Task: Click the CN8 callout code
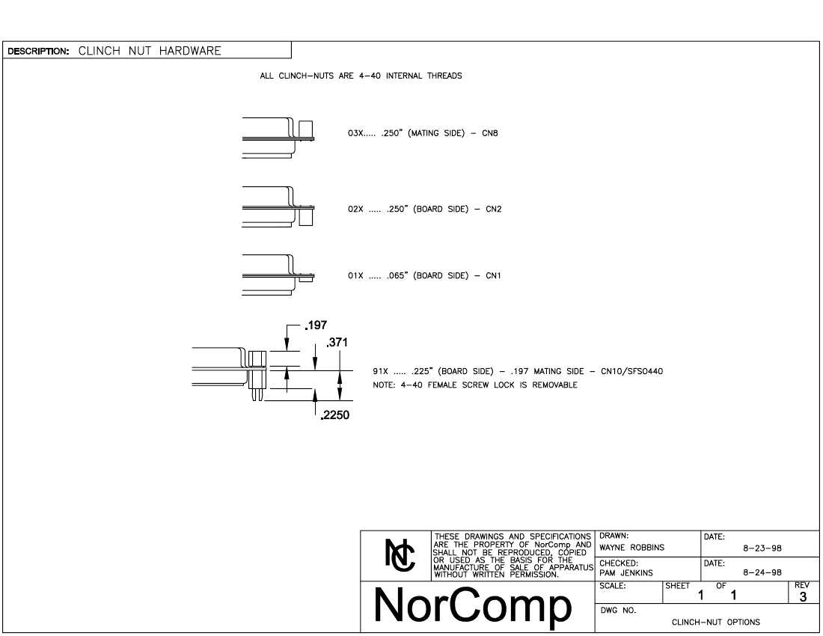click(490, 133)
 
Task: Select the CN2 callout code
click(493, 209)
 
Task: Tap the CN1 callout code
click(493, 275)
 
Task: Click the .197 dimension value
click(316, 325)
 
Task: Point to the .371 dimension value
click(337, 343)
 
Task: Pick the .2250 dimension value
click(335, 415)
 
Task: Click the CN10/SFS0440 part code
click(632, 372)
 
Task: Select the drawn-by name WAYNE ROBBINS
click(632, 547)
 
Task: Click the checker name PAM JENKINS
click(626, 573)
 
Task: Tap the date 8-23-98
click(762, 548)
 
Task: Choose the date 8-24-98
click(762, 573)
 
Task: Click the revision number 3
click(803, 596)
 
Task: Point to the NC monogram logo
click(400, 555)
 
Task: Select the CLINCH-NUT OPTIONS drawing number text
click(716, 623)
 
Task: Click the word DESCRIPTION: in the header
click(38, 52)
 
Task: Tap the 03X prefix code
click(355, 133)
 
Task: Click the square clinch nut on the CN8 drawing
click(305, 129)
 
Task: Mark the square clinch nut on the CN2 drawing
click(305, 217)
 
